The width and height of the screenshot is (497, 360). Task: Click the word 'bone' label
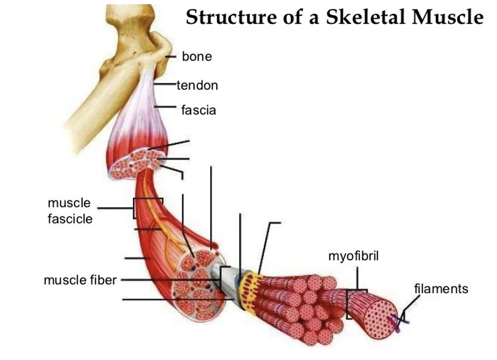click(x=197, y=56)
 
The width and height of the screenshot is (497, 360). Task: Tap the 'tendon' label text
click(x=197, y=86)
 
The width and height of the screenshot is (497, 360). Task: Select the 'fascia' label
click(x=198, y=110)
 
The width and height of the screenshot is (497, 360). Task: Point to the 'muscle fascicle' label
click(x=70, y=211)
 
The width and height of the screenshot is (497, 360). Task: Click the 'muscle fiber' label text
click(x=80, y=280)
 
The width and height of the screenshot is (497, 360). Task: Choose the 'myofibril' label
click(x=353, y=256)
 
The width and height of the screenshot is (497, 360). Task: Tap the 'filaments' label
click(x=441, y=289)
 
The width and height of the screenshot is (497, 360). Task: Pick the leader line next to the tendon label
click(x=165, y=85)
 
